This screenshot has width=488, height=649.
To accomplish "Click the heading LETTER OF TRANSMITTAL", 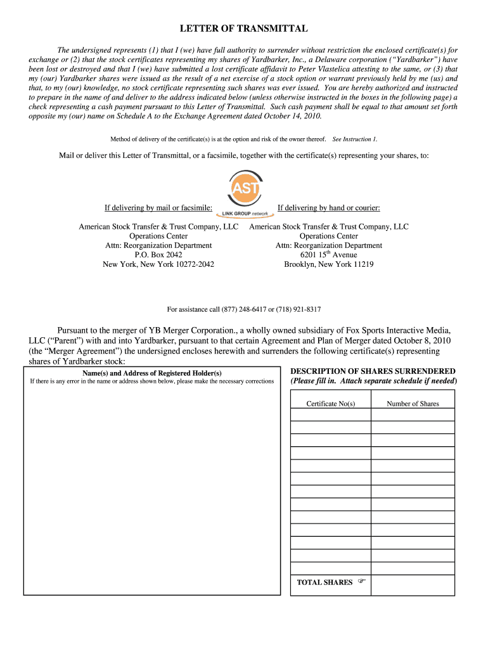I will point(244,29).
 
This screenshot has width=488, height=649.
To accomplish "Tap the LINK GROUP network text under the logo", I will point(244,213).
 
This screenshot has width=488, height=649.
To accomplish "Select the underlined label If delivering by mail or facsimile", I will point(158,208).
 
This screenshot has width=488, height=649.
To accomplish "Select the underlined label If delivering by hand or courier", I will point(328,208).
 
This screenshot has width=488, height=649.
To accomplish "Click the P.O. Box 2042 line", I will point(158,255).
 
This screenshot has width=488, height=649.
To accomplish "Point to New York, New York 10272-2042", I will point(158,264).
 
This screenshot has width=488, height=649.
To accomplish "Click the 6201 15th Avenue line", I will point(328,255).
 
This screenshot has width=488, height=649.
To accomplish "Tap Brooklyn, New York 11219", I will point(328,264).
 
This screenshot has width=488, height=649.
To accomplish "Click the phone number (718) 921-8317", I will point(299,309).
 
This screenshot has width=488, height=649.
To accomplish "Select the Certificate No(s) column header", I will point(331,404).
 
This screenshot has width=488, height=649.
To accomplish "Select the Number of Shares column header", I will point(413,404).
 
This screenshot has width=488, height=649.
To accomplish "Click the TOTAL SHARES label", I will point(324,582).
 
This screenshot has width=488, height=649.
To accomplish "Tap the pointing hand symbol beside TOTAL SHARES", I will point(362,581).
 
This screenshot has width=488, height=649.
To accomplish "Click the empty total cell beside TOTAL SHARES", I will point(413,584).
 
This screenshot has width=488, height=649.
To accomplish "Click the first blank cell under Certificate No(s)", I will point(331,414).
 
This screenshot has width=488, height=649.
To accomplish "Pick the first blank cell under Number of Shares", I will point(413,414).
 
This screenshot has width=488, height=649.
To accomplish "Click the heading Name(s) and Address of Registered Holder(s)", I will point(152,373).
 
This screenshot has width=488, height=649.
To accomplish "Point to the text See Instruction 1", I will point(355,139).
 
